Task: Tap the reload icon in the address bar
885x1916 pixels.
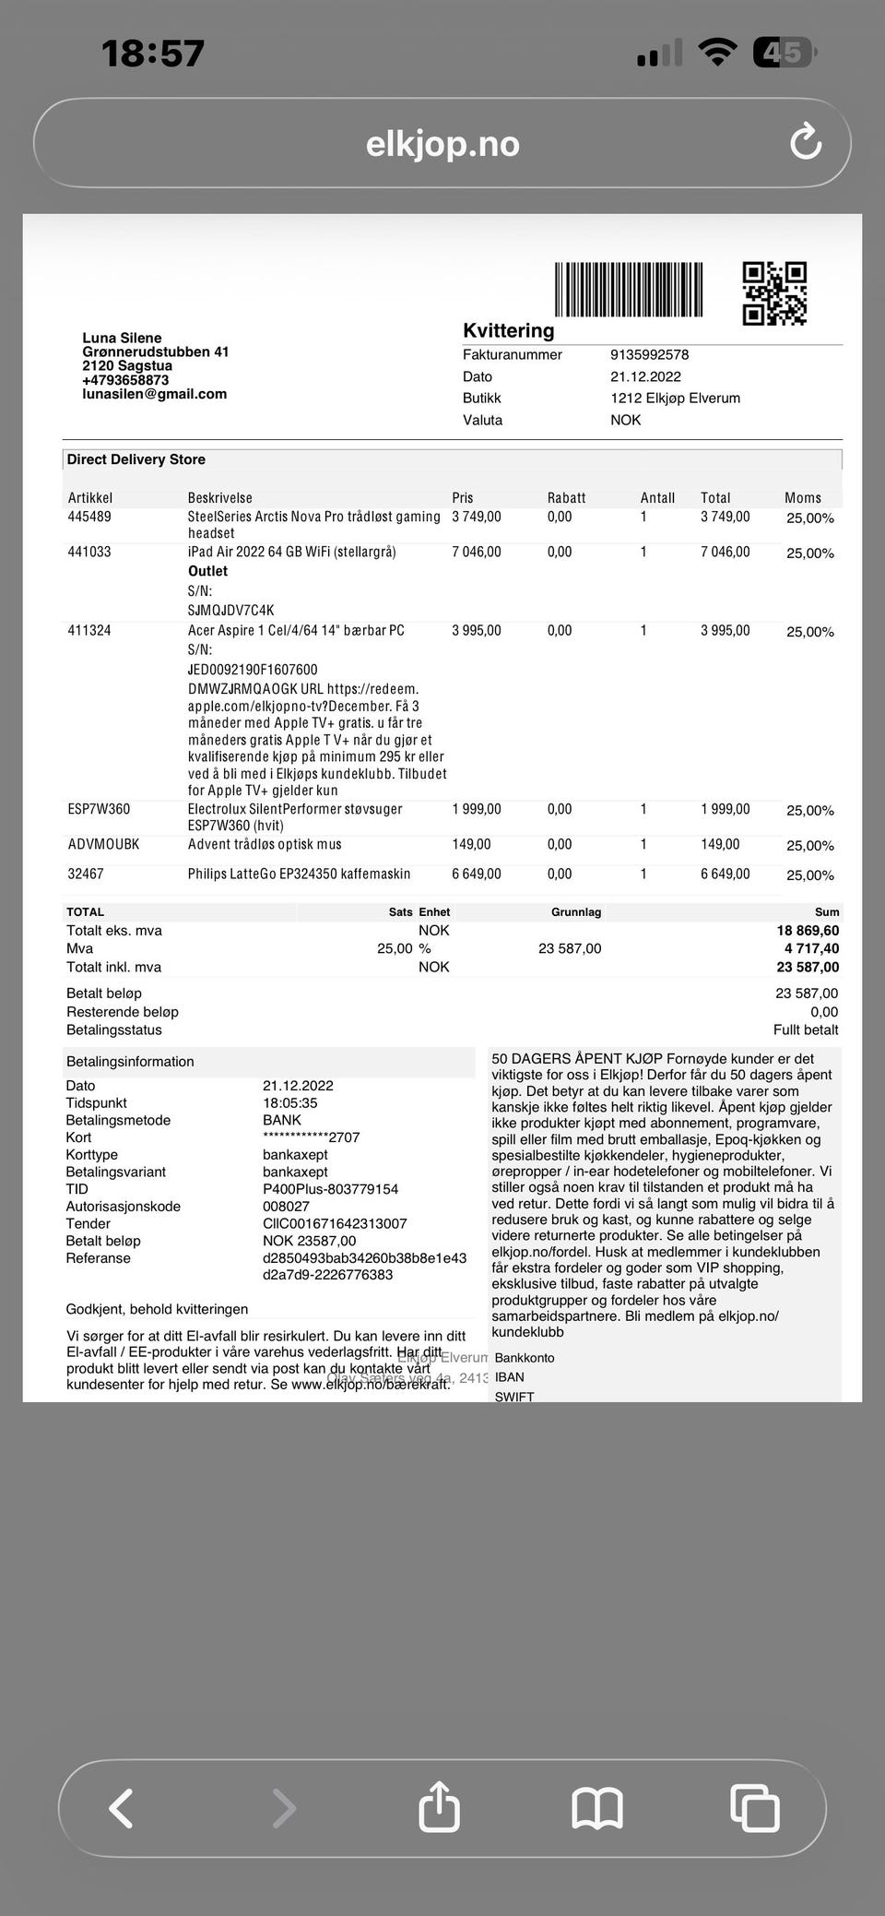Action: (806, 142)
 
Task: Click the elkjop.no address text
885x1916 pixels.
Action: (442, 144)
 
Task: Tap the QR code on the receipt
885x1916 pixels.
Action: (774, 293)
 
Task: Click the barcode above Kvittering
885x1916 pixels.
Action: (628, 290)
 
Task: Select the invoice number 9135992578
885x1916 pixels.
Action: (649, 354)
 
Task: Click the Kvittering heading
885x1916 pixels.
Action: (508, 330)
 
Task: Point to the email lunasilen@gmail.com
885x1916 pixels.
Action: (154, 394)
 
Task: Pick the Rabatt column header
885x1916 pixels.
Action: (566, 497)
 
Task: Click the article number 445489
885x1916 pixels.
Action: (89, 517)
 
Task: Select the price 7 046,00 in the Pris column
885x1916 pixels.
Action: (476, 552)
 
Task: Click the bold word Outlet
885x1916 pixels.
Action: (207, 571)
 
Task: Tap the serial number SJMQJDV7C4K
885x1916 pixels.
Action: (230, 610)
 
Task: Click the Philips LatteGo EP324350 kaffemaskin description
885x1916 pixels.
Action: (299, 874)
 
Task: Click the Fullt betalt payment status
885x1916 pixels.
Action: (806, 1029)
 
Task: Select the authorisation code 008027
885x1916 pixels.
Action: (286, 1206)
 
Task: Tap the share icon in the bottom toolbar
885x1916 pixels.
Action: (440, 1806)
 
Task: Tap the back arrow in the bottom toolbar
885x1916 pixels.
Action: (122, 1807)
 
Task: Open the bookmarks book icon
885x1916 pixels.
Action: (597, 1807)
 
